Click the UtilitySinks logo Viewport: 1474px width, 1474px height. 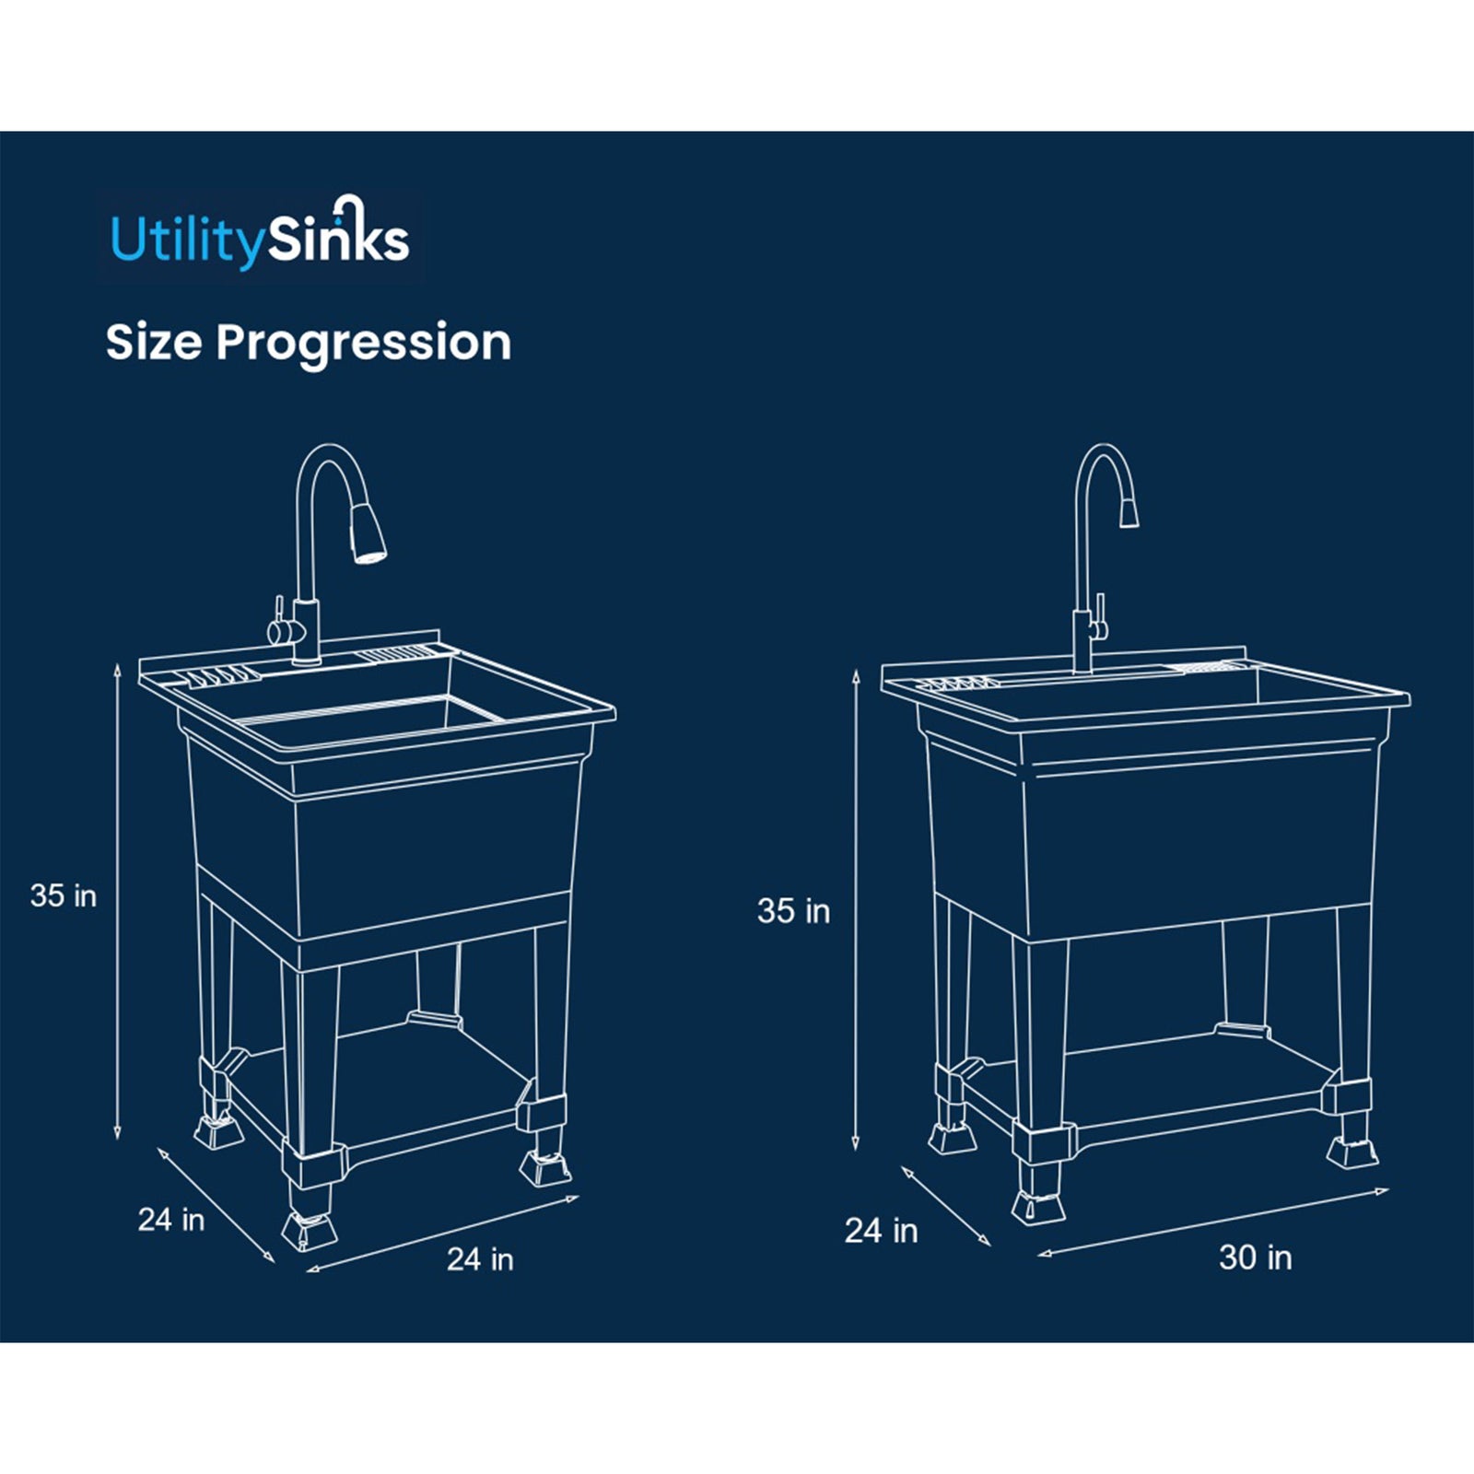point(260,238)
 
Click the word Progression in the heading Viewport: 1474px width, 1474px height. point(363,343)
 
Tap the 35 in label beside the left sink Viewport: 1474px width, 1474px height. point(64,895)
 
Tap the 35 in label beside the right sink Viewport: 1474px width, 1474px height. point(793,911)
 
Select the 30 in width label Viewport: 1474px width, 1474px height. point(1255,1258)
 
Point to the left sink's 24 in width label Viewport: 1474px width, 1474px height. point(480,1259)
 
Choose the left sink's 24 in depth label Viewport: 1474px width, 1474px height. point(171,1220)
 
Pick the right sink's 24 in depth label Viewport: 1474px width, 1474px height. point(881,1231)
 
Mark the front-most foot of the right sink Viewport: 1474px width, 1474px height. point(1038,1205)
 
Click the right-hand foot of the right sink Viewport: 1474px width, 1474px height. point(1353,1151)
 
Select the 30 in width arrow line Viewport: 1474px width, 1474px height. point(1212,1221)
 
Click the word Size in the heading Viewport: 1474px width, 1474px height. point(153,343)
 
